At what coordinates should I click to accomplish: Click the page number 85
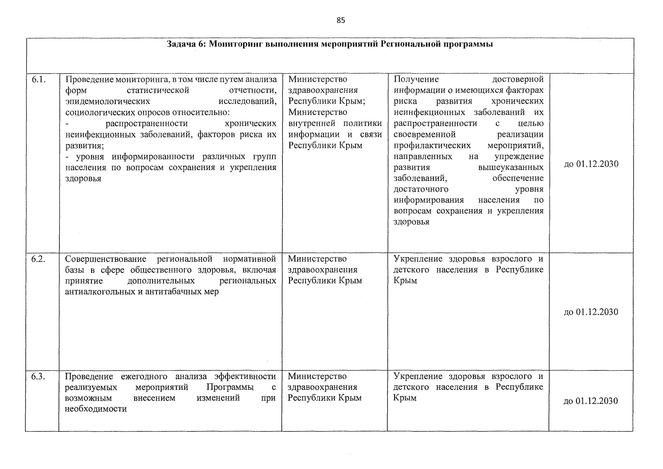pyautogui.click(x=340, y=21)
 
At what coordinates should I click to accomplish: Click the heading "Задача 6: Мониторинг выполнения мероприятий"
pyautogui.click(x=329, y=44)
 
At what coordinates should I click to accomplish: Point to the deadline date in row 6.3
pyautogui.click(x=591, y=401)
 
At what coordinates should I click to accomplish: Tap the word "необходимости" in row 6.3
pyautogui.click(x=96, y=409)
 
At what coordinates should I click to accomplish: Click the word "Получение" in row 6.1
pyautogui.click(x=416, y=79)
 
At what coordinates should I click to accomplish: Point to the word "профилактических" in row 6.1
pyautogui.click(x=432, y=145)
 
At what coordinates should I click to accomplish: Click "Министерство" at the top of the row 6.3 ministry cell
pyautogui.click(x=317, y=376)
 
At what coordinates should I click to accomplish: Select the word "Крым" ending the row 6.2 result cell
pyautogui.click(x=405, y=281)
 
